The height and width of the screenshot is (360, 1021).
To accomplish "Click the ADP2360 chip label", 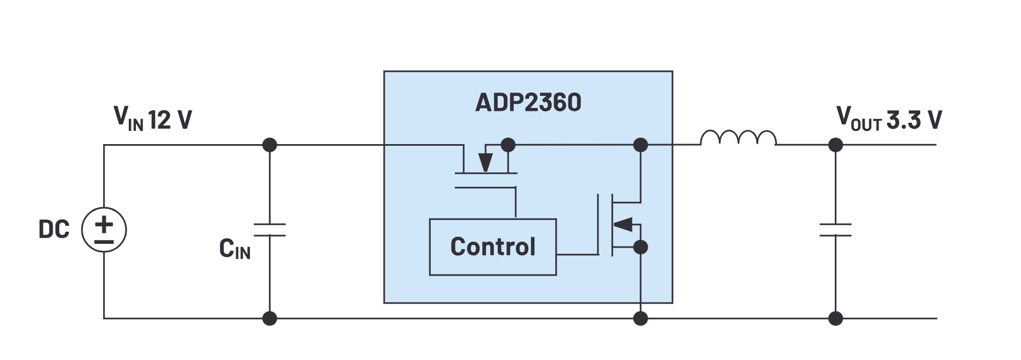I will pyautogui.click(x=528, y=102).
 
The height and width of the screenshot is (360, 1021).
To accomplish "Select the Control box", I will pyautogui.click(x=493, y=247).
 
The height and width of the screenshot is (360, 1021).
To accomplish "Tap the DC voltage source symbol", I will pyautogui.click(x=104, y=230).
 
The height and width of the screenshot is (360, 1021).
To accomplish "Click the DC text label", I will pyautogui.click(x=54, y=229).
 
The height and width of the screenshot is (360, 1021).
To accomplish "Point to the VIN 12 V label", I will pyautogui.click(x=152, y=118).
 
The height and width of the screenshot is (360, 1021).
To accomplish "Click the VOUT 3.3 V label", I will pyautogui.click(x=888, y=118).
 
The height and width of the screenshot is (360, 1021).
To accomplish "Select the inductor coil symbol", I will pyautogui.click(x=738, y=138).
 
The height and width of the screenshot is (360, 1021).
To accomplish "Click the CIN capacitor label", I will pyautogui.click(x=235, y=249).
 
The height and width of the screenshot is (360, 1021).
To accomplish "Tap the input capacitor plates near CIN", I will pyautogui.click(x=270, y=230).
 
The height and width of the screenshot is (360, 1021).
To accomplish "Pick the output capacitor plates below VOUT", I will pyautogui.click(x=835, y=230).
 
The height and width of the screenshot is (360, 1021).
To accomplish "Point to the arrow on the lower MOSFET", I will pyautogui.click(x=623, y=224).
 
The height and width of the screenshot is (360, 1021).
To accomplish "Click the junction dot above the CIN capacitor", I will pyautogui.click(x=270, y=145).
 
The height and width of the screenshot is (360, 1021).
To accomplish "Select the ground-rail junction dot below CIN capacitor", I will pyautogui.click(x=270, y=318).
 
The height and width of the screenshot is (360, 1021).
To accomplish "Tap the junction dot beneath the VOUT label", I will pyautogui.click(x=835, y=145).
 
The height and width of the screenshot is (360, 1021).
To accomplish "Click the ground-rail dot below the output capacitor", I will pyautogui.click(x=835, y=318).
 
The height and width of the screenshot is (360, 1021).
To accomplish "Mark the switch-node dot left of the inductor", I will pyautogui.click(x=640, y=145).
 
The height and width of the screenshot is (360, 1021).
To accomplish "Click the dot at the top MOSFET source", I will pyautogui.click(x=508, y=145).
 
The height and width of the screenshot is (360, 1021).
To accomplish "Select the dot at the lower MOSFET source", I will pyautogui.click(x=640, y=247).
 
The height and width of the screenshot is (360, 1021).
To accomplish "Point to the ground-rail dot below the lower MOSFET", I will pyautogui.click(x=640, y=318).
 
